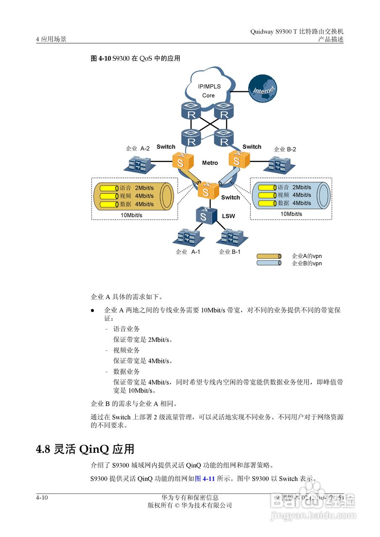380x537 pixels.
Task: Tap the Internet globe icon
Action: click(263, 89)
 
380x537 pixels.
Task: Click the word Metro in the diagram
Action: click(210, 163)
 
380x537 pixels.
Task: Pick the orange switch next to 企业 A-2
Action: click(182, 161)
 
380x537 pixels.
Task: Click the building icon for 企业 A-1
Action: click(187, 237)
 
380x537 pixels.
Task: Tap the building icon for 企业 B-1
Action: click(230, 237)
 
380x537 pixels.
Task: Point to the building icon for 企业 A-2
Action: click(139, 164)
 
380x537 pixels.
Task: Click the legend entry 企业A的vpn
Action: click(307, 256)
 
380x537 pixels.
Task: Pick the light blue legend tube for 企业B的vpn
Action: click(269, 263)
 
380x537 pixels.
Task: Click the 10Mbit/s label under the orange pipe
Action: click(131, 215)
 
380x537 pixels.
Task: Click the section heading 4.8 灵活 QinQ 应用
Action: click(85, 449)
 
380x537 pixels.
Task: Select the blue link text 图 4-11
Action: click(205, 478)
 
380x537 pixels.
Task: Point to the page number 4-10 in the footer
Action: click(42, 498)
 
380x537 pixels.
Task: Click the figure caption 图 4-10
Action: click(101, 59)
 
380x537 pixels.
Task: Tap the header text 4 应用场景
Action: click(51, 39)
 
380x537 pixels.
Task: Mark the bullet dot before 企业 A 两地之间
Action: click(93, 311)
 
